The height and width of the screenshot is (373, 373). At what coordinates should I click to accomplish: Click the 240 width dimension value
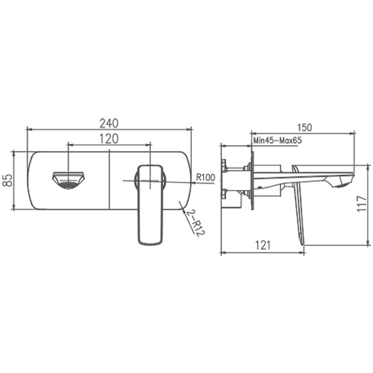pyautogui.click(x=109, y=123)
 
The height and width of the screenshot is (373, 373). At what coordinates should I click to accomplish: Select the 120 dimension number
pyautogui.click(x=109, y=138)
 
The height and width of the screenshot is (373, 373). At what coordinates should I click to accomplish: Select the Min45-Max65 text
pyautogui.click(x=278, y=140)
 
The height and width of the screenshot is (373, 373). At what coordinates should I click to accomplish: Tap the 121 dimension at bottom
pyautogui.click(x=261, y=245)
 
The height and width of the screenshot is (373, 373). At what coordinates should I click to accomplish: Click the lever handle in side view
pyautogui.click(x=298, y=206)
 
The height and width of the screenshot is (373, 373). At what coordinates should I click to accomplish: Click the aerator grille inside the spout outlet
pyautogui.click(x=68, y=185)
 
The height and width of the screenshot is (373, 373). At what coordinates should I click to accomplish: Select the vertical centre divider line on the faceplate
pyautogui.click(x=109, y=180)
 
